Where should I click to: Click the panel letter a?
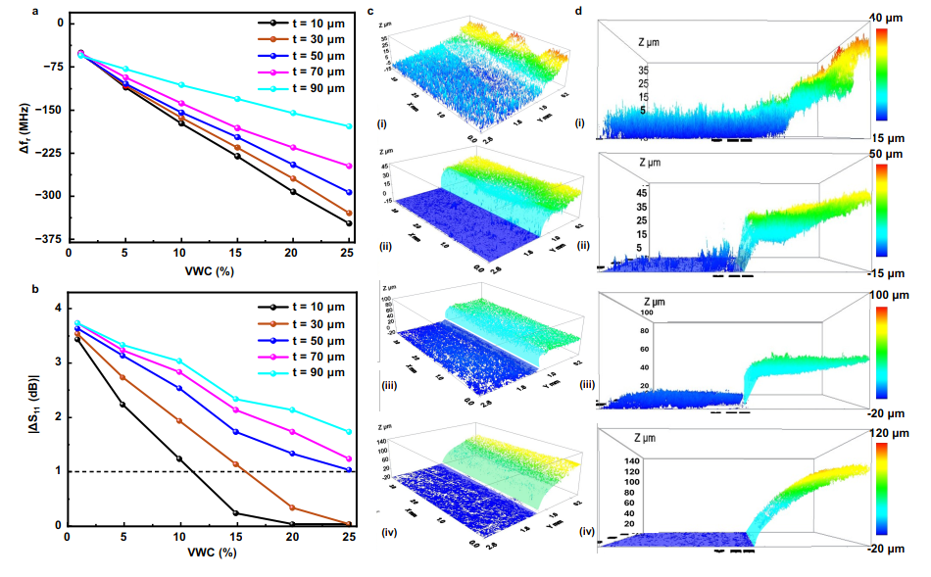(x=9, y=11)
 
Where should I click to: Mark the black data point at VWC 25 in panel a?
(x=349, y=223)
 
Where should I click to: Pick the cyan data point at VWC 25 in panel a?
(x=349, y=126)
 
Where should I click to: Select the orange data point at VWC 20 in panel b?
(x=293, y=507)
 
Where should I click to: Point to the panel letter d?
(x=580, y=12)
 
